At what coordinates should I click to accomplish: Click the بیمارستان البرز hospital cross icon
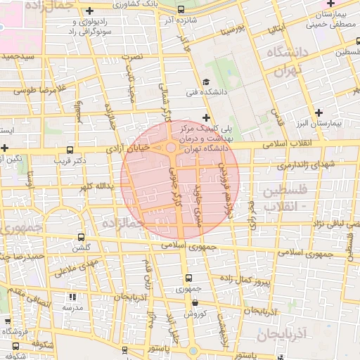[319, 112]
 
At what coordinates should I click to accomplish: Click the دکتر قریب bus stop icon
[69, 150]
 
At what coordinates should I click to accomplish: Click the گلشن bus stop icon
[82, 237]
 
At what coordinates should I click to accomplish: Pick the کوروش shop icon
[194, 303]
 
